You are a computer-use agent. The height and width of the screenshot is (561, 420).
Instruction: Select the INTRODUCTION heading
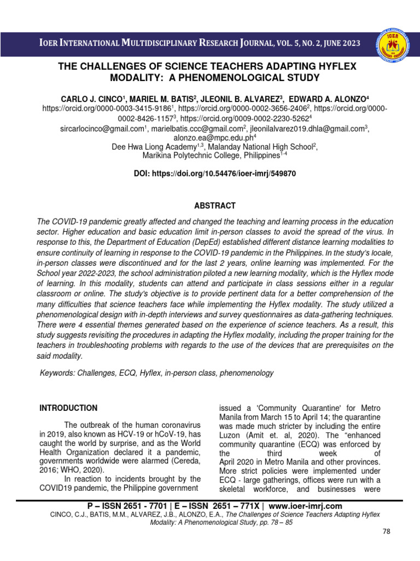69,408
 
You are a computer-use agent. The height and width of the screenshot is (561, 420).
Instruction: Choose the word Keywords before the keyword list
59,373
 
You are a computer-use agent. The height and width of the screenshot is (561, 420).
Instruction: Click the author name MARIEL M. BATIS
157,98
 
